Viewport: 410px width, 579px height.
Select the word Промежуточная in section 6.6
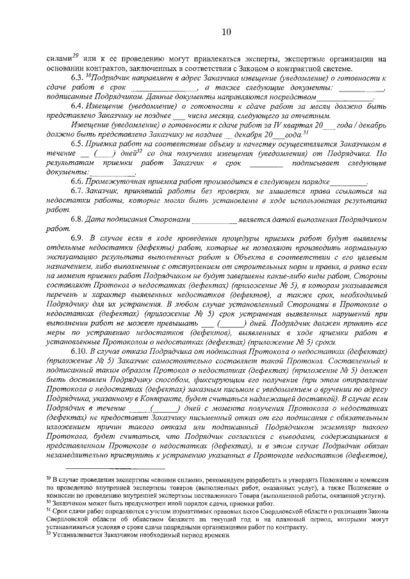pyautogui.click(x=118, y=182)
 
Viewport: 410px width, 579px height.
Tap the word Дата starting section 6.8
pyautogui.click(x=99, y=218)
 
